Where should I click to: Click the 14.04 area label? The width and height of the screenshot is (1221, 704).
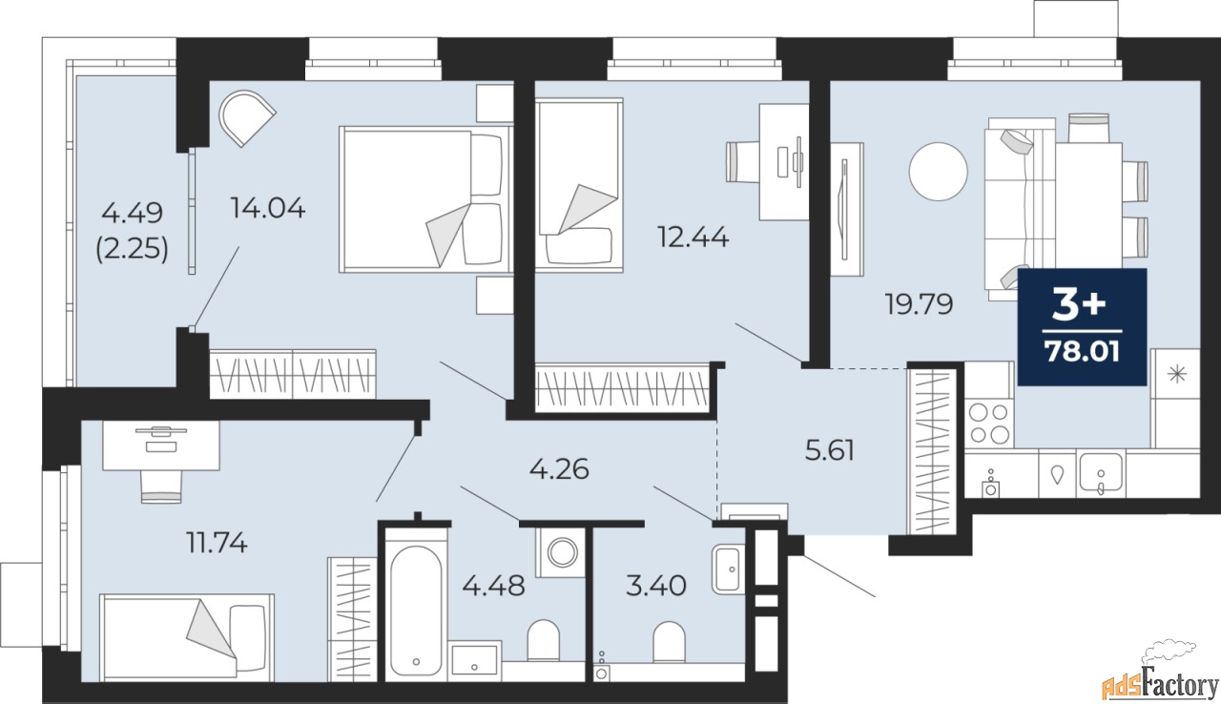point(268,208)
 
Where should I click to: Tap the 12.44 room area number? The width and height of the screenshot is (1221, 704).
point(693,237)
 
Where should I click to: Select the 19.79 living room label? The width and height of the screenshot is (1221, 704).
point(919,304)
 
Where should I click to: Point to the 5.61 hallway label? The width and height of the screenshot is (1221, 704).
point(830,450)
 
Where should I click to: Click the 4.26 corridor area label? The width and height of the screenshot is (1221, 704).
point(559,469)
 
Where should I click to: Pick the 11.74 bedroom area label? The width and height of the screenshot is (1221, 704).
point(217,542)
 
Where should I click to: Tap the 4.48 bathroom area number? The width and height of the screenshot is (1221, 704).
point(493,586)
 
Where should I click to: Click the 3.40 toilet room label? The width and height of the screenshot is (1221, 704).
point(655,586)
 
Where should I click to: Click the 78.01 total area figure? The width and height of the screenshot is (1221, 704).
point(1082,351)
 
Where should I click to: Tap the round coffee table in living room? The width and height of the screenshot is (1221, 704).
point(938,171)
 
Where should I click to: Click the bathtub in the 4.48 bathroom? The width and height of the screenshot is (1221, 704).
point(416,610)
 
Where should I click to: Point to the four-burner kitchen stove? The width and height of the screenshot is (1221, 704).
point(989,424)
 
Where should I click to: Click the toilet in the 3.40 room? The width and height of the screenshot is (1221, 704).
point(669,643)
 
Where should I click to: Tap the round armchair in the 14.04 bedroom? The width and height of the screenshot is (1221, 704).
point(246,117)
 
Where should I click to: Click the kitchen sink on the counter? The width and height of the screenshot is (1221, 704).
point(1100,473)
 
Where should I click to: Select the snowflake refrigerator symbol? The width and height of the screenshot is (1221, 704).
point(1177,374)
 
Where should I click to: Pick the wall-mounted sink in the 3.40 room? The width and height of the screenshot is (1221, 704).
point(728,569)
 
